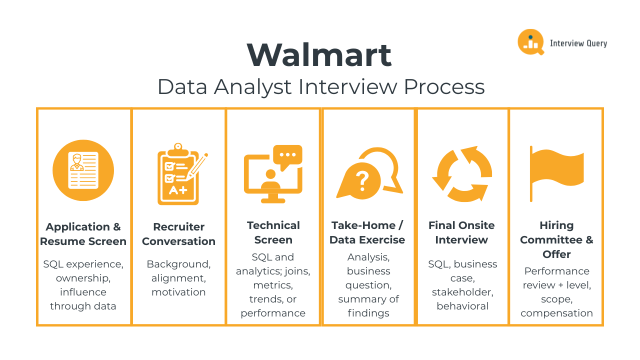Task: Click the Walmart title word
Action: [319, 55]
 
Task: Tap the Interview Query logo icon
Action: [530, 42]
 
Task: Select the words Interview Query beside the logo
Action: [578, 43]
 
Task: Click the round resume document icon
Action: [83, 170]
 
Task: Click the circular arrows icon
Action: [462, 174]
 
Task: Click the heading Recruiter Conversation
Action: [178, 234]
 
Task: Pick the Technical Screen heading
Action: [273, 232]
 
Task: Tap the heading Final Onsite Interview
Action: [461, 232]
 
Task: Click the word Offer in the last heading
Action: [556, 254]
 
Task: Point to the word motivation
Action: [178, 292]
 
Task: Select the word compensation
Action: [556, 313]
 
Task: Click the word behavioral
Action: [462, 306]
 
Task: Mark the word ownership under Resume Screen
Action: [83, 278]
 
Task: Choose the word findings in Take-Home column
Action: [368, 313]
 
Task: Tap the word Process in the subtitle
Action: [444, 87]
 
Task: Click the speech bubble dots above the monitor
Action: [287, 155]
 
